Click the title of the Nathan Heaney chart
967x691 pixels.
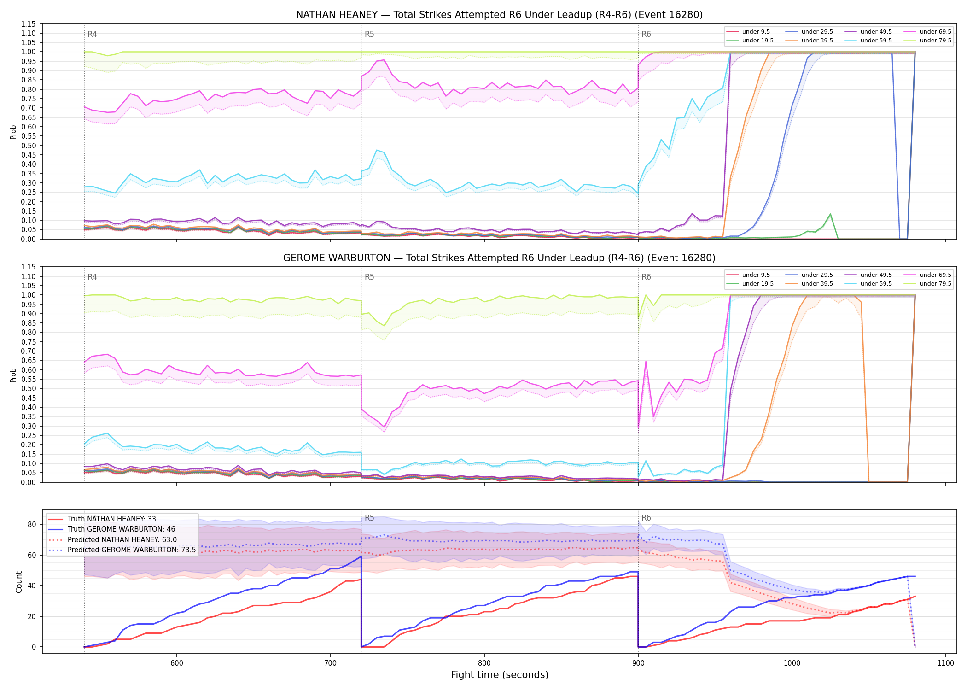point(499,15)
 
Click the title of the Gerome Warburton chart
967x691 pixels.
point(499,258)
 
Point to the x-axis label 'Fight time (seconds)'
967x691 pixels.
point(500,675)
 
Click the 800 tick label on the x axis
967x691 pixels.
point(484,663)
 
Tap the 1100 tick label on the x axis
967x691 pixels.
point(945,663)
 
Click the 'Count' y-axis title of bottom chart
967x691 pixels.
point(19,582)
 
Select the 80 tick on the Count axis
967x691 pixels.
point(32,524)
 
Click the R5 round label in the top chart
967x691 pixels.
point(369,34)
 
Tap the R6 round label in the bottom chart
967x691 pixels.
point(646,518)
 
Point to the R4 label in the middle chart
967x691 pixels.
point(92,277)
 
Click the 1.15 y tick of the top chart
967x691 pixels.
point(28,24)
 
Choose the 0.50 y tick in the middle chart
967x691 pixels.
point(28,388)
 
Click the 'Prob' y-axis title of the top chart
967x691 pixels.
point(13,132)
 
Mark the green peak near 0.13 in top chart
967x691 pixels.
point(830,214)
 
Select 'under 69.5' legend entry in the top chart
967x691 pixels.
point(935,32)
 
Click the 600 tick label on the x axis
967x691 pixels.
point(176,663)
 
